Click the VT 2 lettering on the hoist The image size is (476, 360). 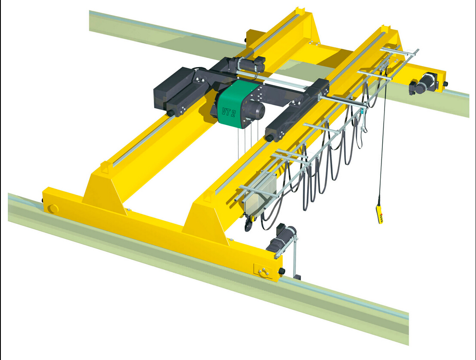[229, 112]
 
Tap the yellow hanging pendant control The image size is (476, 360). [379, 214]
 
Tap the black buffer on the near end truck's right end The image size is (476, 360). [281, 271]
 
